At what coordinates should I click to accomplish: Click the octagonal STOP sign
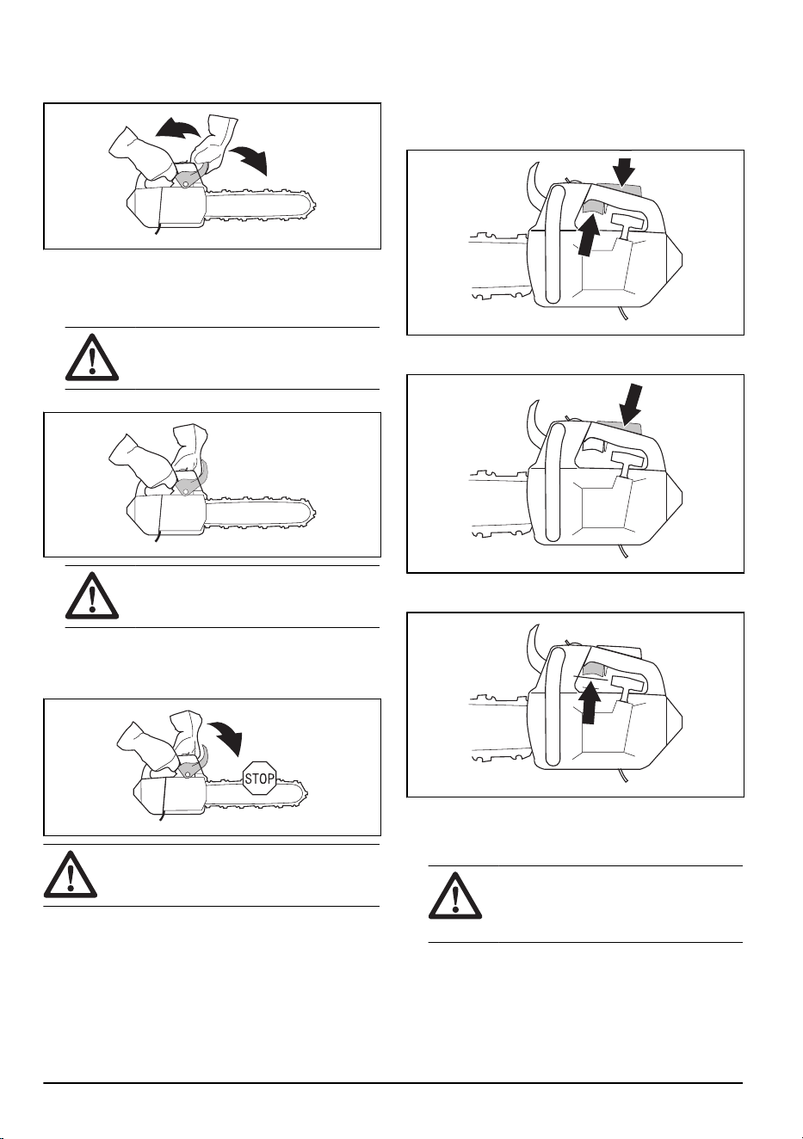tap(260, 778)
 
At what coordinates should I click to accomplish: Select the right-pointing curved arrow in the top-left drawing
tap(250, 157)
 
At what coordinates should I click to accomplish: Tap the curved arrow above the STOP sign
tap(225, 736)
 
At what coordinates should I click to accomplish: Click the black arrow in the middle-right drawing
tap(631, 404)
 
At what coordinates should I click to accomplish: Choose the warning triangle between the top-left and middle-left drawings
tap(92, 357)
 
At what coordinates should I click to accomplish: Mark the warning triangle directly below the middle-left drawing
tap(92, 595)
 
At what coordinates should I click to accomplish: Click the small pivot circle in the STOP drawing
tap(188, 774)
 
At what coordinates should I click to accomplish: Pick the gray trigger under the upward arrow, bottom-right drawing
tap(592, 671)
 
